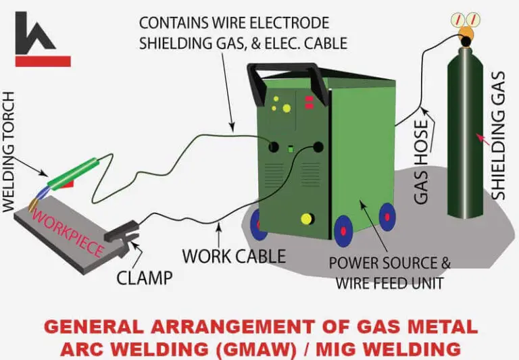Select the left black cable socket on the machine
[x=274, y=147]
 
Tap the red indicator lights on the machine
[x=309, y=102]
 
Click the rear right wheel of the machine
[x=387, y=216]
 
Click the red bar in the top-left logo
[x=43, y=61]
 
